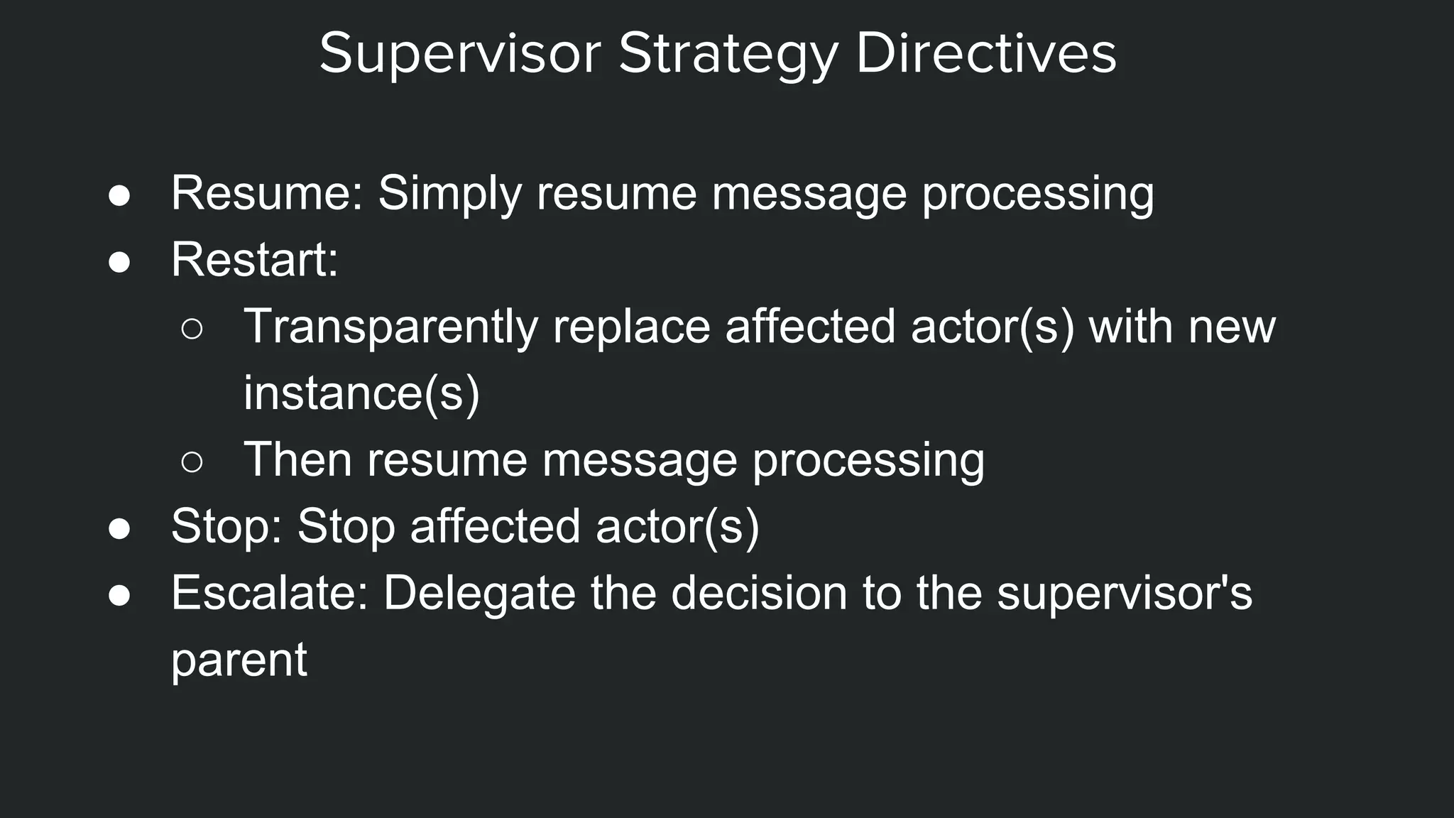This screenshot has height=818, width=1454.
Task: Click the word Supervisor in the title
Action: click(x=460, y=54)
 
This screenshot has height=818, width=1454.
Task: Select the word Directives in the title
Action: click(x=986, y=54)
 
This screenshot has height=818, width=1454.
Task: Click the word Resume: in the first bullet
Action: click(x=268, y=193)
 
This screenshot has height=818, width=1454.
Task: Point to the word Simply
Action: click(x=449, y=195)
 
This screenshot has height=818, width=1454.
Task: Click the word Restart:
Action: click(x=255, y=260)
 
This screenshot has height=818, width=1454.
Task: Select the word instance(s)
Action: click(x=361, y=393)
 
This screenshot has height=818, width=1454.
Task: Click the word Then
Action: click(x=298, y=459)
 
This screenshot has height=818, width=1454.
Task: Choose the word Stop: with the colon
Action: click(x=227, y=526)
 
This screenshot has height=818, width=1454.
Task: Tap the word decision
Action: click(x=759, y=593)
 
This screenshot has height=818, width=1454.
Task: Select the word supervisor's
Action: click(x=1125, y=593)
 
